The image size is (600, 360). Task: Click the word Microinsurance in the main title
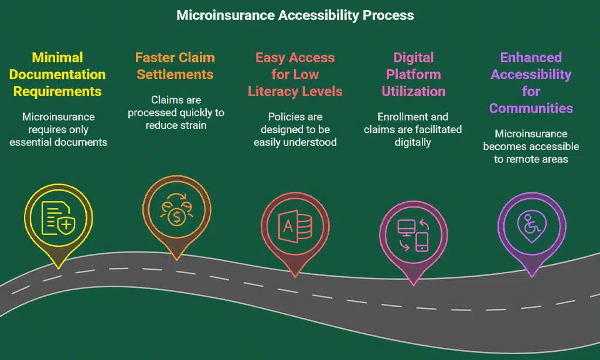point(226,15)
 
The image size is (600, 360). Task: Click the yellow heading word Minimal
point(57,57)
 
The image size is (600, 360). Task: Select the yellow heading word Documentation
point(57,74)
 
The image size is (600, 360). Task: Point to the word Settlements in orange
point(175,74)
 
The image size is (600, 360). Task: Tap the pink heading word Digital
point(413,57)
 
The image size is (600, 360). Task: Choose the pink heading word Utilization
point(413,91)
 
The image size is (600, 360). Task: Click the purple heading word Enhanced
point(531,57)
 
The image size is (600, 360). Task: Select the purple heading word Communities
point(531,108)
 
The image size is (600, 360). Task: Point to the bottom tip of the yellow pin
point(59,268)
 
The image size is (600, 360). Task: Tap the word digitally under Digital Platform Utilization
point(413,142)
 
